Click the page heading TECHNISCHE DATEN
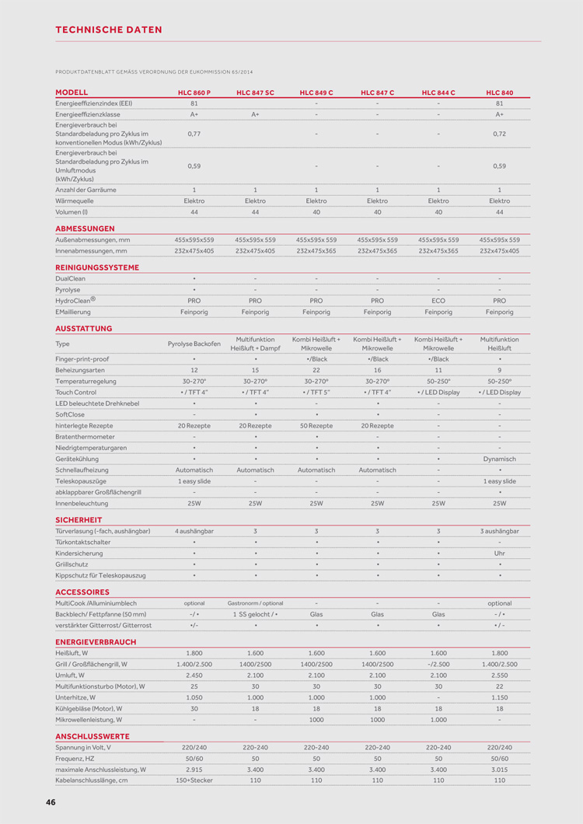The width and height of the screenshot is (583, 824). pyautogui.click(x=109, y=30)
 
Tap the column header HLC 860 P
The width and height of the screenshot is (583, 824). pyautogui.click(x=194, y=93)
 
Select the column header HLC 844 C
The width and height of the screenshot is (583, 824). pyautogui.click(x=438, y=93)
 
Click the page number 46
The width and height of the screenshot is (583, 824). pyautogui.click(x=51, y=801)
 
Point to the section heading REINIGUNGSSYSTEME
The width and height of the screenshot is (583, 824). pyautogui.click(x=97, y=267)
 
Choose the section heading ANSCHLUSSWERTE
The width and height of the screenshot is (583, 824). pyautogui.click(x=93, y=735)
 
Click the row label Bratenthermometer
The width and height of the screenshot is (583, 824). pyautogui.click(x=86, y=437)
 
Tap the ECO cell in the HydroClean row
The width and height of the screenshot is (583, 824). pyautogui.click(x=438, y=300)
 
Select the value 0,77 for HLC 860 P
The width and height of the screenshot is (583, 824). pyautogui.click(x=194, y=134)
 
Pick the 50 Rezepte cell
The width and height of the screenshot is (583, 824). pyautogui.click(x=316, y=425)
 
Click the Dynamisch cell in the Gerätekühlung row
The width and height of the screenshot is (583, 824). pyautogui.click(x=499, y=459)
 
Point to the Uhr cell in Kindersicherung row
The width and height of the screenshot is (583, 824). pyautogui.click(x=499, y=553)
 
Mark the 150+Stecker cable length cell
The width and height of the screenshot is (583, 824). pyautogui.click(x=194, y=780)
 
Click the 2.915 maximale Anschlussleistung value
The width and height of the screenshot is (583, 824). pyautogui.click(x=194, y=769)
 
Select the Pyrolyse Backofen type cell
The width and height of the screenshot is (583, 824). pyautogui.click(x=194, y=344)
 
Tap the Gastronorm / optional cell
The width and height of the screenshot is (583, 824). pyautogui.click(x=255, y=602)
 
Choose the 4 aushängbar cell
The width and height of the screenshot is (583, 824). pyautogui.click(x=194, y=530)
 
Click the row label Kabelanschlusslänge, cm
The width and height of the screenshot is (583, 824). pyautogui.click(x=92, y=780)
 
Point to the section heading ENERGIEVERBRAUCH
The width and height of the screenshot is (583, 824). pyautogui.click(x=96, y=641)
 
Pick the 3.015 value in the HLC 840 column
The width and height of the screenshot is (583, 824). pyautogui.click(x=499, y=769)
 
